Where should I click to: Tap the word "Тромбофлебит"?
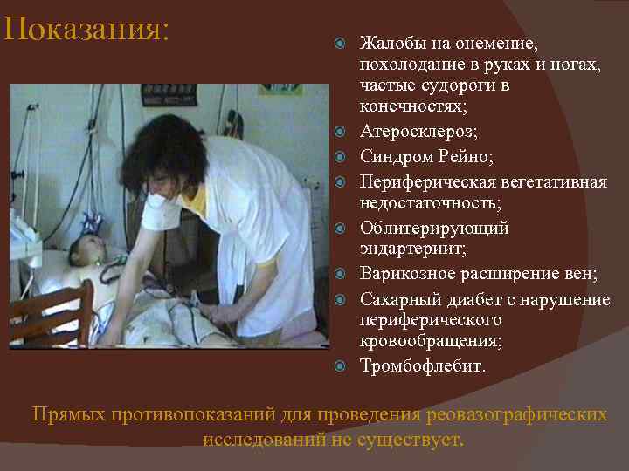click(421, 366)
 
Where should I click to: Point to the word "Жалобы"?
click(389, 44)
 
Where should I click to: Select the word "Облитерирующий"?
click(434, 229)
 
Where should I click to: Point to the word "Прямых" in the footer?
click(68, 413)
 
